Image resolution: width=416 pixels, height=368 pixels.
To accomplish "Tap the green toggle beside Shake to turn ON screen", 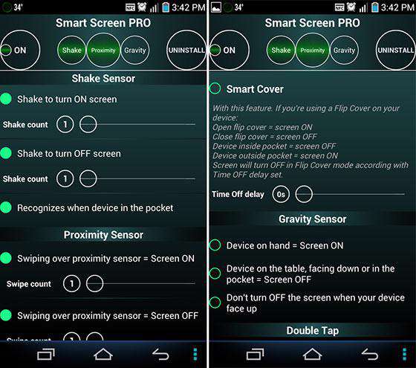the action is coord(6,99).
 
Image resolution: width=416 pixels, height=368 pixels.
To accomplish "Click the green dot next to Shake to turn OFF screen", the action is coord(6,153).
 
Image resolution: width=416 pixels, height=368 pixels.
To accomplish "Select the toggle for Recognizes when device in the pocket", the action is coord(6,207).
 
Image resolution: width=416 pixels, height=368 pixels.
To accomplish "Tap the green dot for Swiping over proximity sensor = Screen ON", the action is coord(6,258).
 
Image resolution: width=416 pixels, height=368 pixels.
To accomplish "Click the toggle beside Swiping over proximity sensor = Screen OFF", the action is coord(6,315).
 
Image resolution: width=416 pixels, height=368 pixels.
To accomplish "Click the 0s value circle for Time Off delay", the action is coord(281,194).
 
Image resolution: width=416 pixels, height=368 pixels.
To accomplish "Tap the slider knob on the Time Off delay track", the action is coord(304,194).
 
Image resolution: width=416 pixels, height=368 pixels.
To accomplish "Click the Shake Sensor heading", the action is coord(103,78).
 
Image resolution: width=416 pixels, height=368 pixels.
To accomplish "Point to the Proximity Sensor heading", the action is coord(103,235).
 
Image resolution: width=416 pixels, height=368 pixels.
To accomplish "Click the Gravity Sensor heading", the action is coord(312,219).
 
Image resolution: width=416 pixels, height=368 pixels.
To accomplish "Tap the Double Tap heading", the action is coord(313,331).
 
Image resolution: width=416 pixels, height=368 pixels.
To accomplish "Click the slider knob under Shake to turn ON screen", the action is coord(88,124).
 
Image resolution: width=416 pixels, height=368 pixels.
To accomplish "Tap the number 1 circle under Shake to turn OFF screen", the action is coord(65,178).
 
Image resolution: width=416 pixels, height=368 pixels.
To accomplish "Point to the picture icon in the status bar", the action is coord(216,7).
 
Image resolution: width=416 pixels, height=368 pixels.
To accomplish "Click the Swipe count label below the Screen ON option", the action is coord(29,284).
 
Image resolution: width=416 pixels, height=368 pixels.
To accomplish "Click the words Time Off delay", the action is coord(238,194).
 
